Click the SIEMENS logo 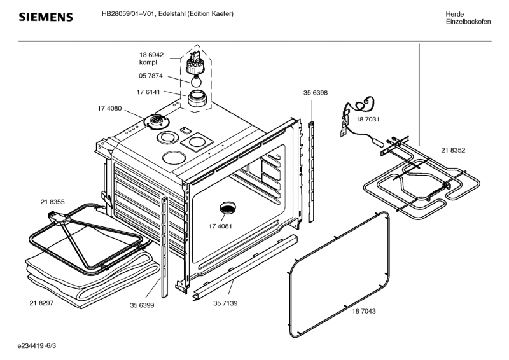click(46, 17)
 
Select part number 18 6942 click(151, 55)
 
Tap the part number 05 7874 click(151, 76)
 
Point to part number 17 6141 click(148, 92)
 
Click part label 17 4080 click(109, 108)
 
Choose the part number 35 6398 click(316, 93)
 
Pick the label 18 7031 click(368, 120)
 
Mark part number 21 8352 click(453, 150)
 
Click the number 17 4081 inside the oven click(220, 226)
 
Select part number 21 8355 click(53, 202)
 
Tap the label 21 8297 click(41, 303)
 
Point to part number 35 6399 click(142, 305)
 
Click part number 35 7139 click(225, 303)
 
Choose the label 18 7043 click(364, 311)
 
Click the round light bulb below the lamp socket click(196, 81)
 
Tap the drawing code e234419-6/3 click(37, 346)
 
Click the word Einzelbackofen click(468, 22)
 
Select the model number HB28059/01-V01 click(129, 14)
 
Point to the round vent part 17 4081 click(228, 208)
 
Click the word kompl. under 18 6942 click(149, 62)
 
